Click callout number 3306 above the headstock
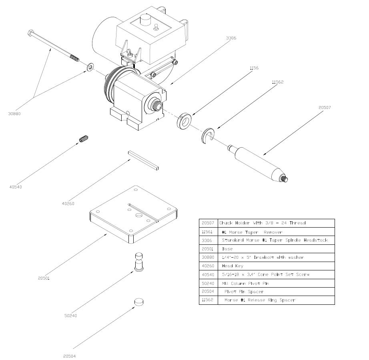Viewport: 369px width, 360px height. click(x=231, y=38)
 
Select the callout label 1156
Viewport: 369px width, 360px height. click(x=254, y=68)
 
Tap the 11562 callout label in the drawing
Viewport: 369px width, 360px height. click(x=277, y=82)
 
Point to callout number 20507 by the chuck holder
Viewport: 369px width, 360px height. click(x=325, y=107)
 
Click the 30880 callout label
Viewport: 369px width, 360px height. click(x=14, y=113)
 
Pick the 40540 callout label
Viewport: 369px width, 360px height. click(x=15, y=186)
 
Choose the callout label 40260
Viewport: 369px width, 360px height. click(x=68, y=203)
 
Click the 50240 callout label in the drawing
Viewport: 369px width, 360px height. click(x=70, y=316)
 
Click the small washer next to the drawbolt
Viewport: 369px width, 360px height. click(x=90, y=66)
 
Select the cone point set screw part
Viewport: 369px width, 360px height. click(x=83, y=139)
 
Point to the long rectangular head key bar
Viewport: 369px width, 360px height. click(x=143, y=160)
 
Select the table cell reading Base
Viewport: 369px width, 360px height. click(x=227, y=249)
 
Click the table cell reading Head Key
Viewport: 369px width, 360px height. click(x=232, y=266)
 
